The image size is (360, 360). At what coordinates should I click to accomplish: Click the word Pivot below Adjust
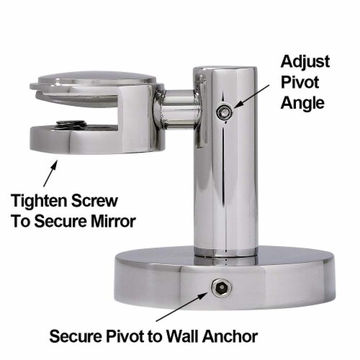pyautogui.click(x=300, y=82)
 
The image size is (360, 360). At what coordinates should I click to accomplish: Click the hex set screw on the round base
pyautogui.click(x=221, y=287)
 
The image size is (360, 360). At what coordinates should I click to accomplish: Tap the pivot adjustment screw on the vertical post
pyautogui.click(x=224, y=112)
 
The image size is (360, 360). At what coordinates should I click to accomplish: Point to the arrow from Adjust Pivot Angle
pyautogui.click(x=251, y=96)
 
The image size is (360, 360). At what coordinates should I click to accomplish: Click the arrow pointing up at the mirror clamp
pyautogui.click(x=50, y=174)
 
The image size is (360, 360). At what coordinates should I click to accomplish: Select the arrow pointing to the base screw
pyautogui.click(x=182, y=307)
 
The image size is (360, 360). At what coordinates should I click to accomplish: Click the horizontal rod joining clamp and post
pyautogui.click(x=180, y=109)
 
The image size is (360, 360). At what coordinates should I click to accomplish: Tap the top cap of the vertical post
pyautogui.click(x=225, y=69)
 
